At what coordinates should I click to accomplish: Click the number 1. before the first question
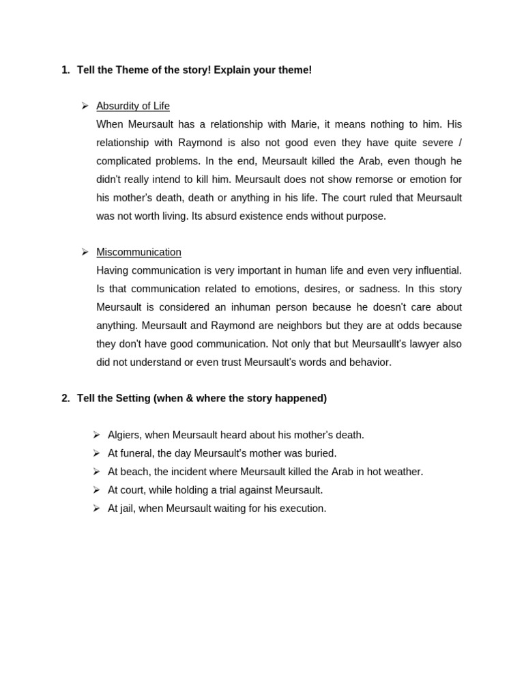click(65, 70)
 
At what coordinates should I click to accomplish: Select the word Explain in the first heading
click(232, 70)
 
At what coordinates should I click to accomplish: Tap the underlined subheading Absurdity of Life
click(133, 106)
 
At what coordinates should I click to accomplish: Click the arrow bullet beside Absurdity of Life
click(85, 106)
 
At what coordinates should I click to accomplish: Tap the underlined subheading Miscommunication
click(139, 252)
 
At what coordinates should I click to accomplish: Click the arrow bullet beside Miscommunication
click(85, 252)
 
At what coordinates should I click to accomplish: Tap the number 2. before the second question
click(65, 398)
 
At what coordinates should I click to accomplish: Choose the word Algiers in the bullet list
click(125, 435)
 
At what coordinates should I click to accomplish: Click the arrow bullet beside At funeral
click(97, 453)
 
